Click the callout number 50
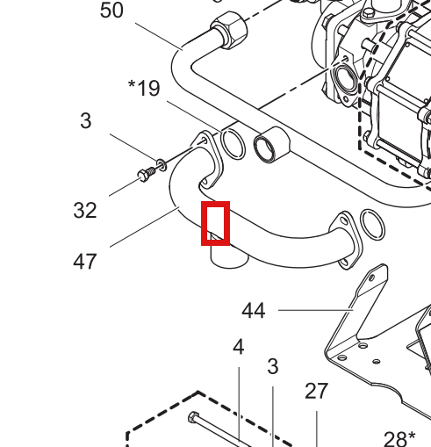111,11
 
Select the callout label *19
144,88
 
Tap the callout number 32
85,210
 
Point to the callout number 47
85,262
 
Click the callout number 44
254,311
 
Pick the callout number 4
239,347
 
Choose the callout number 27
316,391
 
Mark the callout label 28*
399,438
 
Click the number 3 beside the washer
86,120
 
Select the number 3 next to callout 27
273,366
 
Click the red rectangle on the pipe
215,223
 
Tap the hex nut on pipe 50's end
229,30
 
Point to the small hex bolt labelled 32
146,174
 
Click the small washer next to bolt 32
162,165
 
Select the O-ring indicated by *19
233,145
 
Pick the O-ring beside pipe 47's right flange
372,225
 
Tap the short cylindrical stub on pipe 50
271,145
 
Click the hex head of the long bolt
193,417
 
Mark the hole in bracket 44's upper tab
371,278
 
